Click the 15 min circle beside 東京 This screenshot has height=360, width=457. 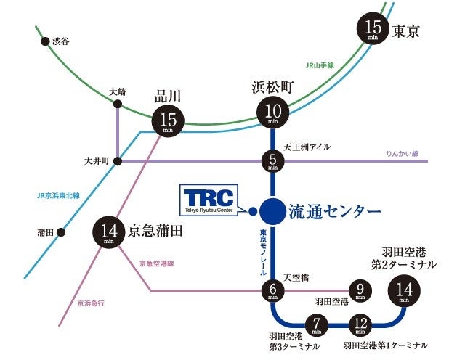373,30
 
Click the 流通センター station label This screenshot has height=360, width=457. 335,211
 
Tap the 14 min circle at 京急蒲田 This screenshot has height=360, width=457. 110,234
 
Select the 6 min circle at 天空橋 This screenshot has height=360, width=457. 272,290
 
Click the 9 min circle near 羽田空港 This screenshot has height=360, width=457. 360,290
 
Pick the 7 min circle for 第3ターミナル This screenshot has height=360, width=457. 316,324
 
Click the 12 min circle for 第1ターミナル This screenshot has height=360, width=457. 361,324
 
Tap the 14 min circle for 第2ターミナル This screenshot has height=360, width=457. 404,291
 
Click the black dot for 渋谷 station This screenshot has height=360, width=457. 45,43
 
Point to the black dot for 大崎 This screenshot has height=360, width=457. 118,105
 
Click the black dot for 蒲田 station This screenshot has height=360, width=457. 61,233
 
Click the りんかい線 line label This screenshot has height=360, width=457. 403,154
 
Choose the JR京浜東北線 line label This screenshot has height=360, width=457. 58,195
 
